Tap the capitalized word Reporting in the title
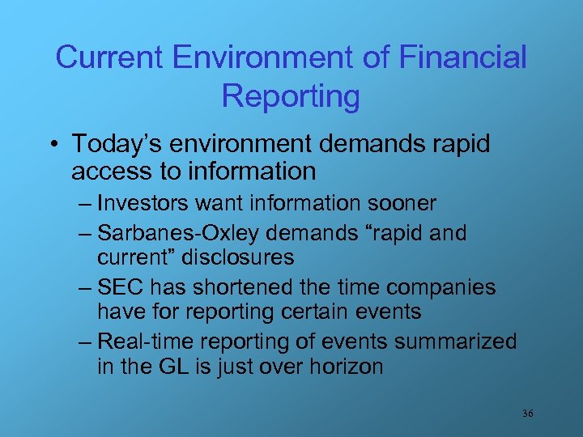[291, 95]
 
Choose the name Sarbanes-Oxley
[177, 233]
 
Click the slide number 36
[527, 414]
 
